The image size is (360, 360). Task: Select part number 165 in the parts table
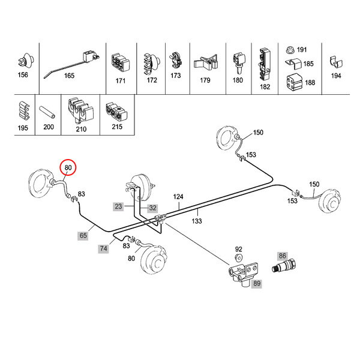pos(69,76)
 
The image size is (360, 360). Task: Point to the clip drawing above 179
pos(205,62)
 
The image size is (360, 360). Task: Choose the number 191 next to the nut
pos(301,49)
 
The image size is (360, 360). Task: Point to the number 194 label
pos(336,76)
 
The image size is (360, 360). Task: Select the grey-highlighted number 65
pos(83,236)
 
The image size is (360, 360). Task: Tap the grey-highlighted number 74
pos(104,248)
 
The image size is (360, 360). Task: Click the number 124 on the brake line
pos(178,196)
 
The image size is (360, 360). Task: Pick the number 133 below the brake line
pos(197,221)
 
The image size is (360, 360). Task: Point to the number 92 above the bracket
pos(238,248)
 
